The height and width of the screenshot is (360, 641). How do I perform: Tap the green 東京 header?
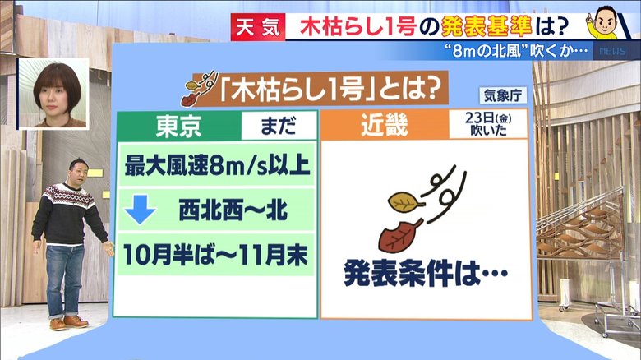pos(179,126)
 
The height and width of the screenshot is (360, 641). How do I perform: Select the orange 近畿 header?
pos(385,125)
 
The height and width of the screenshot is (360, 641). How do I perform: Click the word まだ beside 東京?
pos(279,126)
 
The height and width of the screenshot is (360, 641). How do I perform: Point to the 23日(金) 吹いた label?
pos(488,124)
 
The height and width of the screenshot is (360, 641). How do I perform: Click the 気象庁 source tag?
pos(502,95)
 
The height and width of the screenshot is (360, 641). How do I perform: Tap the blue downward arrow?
pos(141,210)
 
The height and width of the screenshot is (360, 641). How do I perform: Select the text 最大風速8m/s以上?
pos(217,166)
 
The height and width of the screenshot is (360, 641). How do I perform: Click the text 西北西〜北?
pos(233,210)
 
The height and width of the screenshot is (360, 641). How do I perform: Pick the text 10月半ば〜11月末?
pos(215,255)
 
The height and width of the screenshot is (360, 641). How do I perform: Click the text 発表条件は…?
pos(425,273)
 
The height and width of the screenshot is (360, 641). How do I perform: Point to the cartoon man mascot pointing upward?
pos(603,22)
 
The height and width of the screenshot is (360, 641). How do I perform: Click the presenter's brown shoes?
pos(68,322)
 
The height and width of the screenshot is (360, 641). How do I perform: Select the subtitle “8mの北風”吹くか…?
pos(516,52)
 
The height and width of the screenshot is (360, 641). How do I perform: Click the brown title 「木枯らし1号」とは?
pos(328,90)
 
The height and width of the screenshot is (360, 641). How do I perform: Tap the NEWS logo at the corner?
pos(612,52)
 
